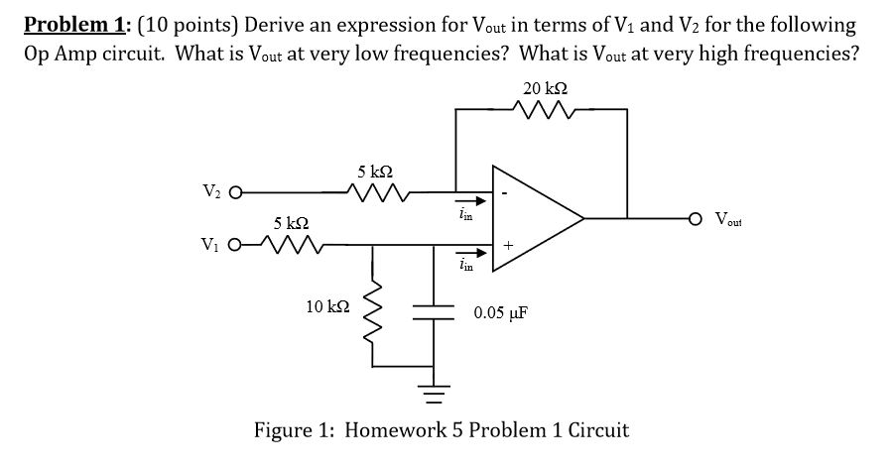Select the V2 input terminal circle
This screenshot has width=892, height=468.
[235, 193]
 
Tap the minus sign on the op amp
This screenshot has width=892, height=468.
[506, 193]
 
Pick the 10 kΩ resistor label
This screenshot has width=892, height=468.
[326, 308]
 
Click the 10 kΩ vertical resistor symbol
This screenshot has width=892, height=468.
[373, 306]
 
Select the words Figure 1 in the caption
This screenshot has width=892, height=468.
[295, 430]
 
